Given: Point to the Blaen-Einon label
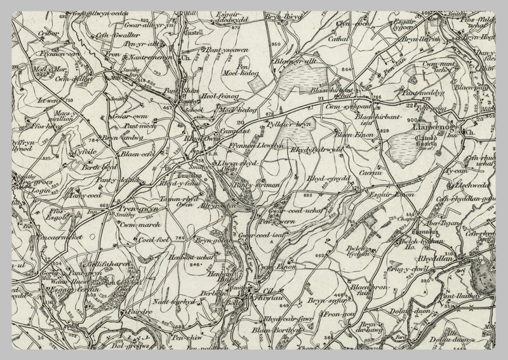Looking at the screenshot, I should point(351,135).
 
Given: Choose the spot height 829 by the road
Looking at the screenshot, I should point(384,131).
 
